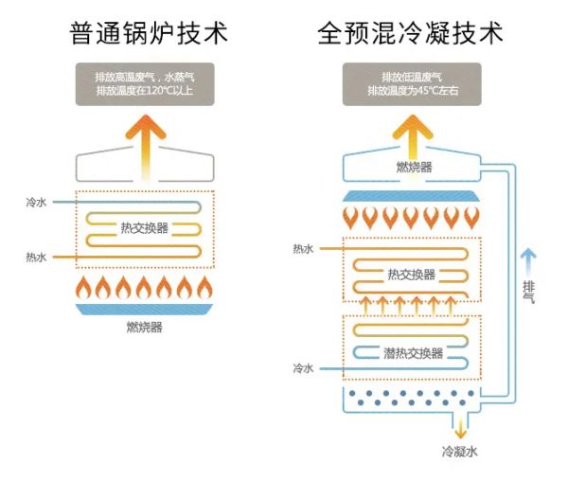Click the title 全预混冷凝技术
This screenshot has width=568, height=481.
pyautogui.click(x=410, y=34)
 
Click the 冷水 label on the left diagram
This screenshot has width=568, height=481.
pyautogui.click(x=37, y=202)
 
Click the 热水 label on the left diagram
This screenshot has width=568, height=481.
pyautogui.click(x=37, y=257)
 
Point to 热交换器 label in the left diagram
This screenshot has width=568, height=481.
pyautogui.click(x=145, y=228)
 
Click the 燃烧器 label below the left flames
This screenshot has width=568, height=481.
pyautogui.click(x=144, y=328)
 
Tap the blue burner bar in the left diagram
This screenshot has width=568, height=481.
pyautogui.click(x=145, y=310)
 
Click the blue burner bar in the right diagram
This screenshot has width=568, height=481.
pyautogui.click(x=413, y=197)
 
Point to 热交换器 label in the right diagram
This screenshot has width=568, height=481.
pyautogui.click(x=412, y=275)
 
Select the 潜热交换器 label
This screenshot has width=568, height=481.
pyautogui.click(x=414, y=353)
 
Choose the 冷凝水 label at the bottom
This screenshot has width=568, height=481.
pyautogui.click(x=460, y=451)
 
